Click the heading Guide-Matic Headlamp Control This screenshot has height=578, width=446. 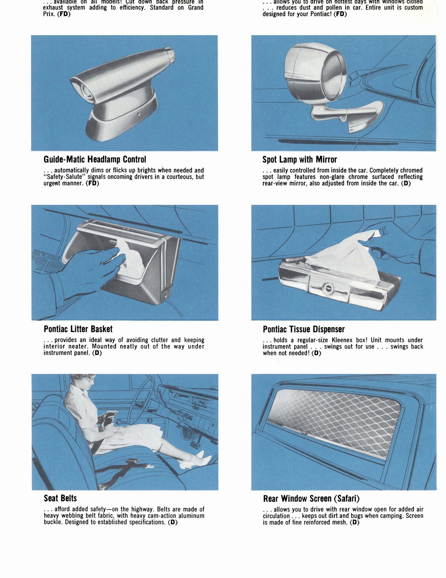pos(95,159)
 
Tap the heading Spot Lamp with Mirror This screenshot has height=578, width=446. pos(300,159)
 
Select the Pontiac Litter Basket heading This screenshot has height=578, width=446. pos(78,329)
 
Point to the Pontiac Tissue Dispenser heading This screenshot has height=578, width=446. pos(304,329)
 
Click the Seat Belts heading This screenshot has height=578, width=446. pos(60,498)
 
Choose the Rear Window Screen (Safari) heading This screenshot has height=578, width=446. pos(311,499)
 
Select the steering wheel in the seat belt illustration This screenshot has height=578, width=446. pos(145,397)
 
